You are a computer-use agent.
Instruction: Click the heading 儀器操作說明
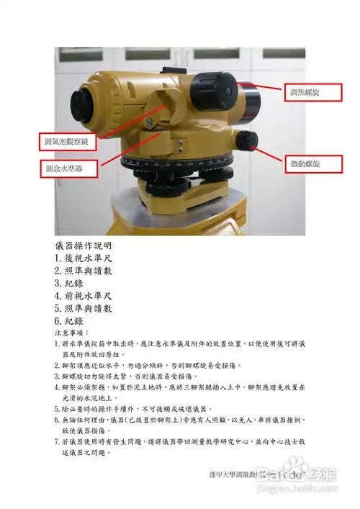point(83,245)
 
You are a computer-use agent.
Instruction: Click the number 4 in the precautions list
point(57,387)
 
